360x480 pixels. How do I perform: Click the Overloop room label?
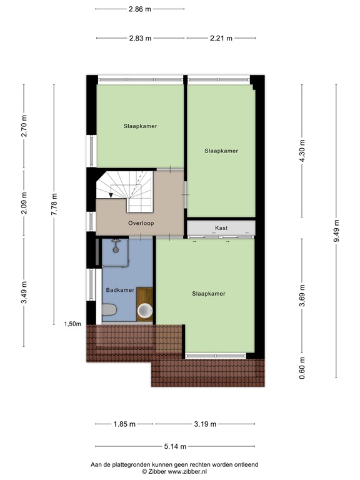141,223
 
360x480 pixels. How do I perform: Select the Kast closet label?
220,228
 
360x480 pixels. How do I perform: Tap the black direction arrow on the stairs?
111,196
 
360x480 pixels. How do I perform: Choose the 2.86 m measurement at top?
140,9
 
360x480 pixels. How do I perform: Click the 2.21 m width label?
219,38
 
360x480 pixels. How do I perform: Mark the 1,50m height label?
73,324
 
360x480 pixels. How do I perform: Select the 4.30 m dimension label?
302,150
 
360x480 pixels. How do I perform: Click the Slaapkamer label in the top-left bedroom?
140,126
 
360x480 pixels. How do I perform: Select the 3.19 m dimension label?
204,424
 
